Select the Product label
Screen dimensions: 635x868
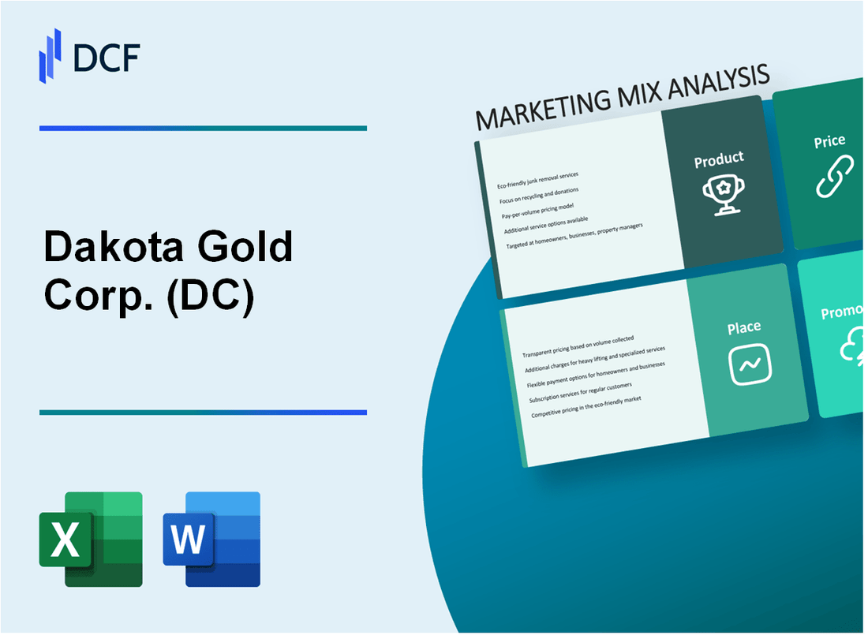718,159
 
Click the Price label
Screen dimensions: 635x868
829,142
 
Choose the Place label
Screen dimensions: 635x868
744,327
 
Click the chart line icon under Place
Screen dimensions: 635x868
749,364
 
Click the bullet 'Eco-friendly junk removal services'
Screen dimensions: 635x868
537,180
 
